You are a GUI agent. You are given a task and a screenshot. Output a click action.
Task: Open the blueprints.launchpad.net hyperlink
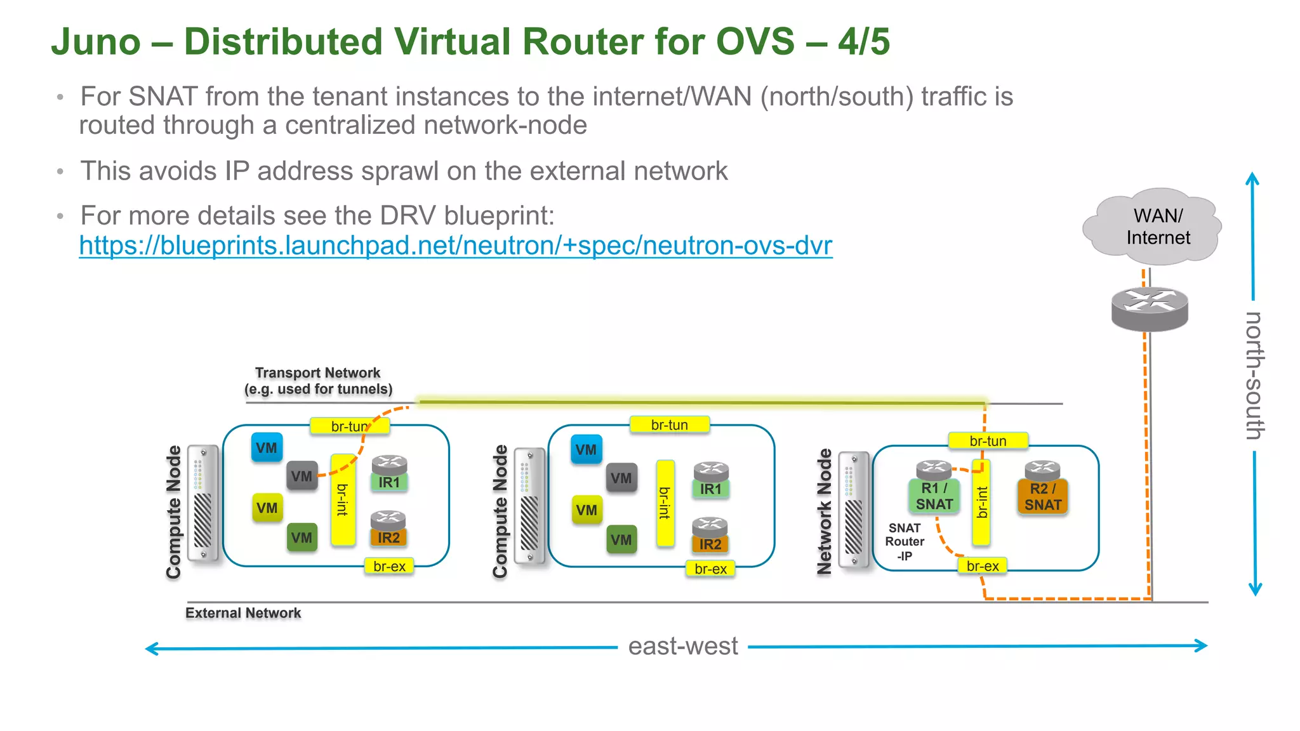coord(455,246)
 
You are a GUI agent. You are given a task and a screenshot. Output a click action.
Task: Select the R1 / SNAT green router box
coord(934,496)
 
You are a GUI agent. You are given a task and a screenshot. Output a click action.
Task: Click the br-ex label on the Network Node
coord(982,565)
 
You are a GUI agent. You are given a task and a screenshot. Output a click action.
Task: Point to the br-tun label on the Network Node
coord(988,441)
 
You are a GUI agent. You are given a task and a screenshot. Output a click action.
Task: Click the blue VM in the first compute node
coord(267,448)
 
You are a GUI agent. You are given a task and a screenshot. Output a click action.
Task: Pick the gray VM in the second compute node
coord(621,478)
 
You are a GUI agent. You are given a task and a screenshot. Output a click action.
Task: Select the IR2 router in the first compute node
coord(388,537)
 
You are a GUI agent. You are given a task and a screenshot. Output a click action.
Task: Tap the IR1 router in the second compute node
coord(710,488)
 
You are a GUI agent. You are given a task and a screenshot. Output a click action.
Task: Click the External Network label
coord(243,613)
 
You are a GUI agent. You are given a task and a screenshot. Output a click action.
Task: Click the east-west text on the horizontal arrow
coord(682,647)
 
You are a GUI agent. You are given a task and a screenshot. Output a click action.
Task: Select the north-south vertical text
coord(1254,375)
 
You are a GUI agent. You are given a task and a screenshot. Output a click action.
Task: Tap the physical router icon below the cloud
coord(1150,308)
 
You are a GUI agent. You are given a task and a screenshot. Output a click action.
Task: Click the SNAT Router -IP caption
coord(905,542)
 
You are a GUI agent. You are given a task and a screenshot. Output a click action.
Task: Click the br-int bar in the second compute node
coord(665,503)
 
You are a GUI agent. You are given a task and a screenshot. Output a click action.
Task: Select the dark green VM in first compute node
coord(302,538)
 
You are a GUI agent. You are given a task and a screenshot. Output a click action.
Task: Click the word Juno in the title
coord(96,42)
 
